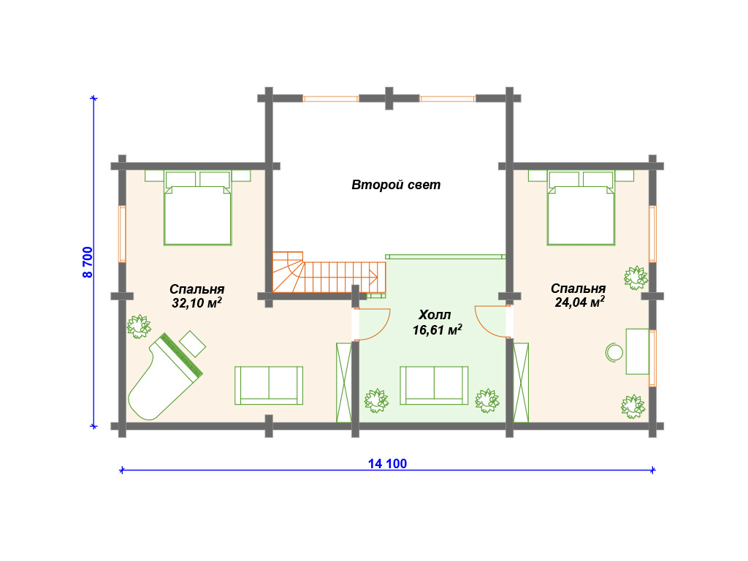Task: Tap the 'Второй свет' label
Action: [396, 185]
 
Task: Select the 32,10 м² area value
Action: [196, 303]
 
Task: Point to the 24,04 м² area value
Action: [579, 302]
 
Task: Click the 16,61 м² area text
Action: [437, 330]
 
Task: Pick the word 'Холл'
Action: [435, 315]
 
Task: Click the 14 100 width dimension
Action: [387, 464]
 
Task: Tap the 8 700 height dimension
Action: [88, 262]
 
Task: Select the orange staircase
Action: [329, 272]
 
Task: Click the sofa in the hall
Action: [434, 386]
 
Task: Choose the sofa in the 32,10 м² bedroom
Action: [269, 386]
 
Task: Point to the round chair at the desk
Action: [614, 353]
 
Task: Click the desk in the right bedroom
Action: [637, 351]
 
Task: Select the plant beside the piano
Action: [139, 327]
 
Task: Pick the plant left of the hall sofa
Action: [376, 401]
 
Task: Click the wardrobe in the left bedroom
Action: [344, 383]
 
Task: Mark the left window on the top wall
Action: [331, 99]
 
